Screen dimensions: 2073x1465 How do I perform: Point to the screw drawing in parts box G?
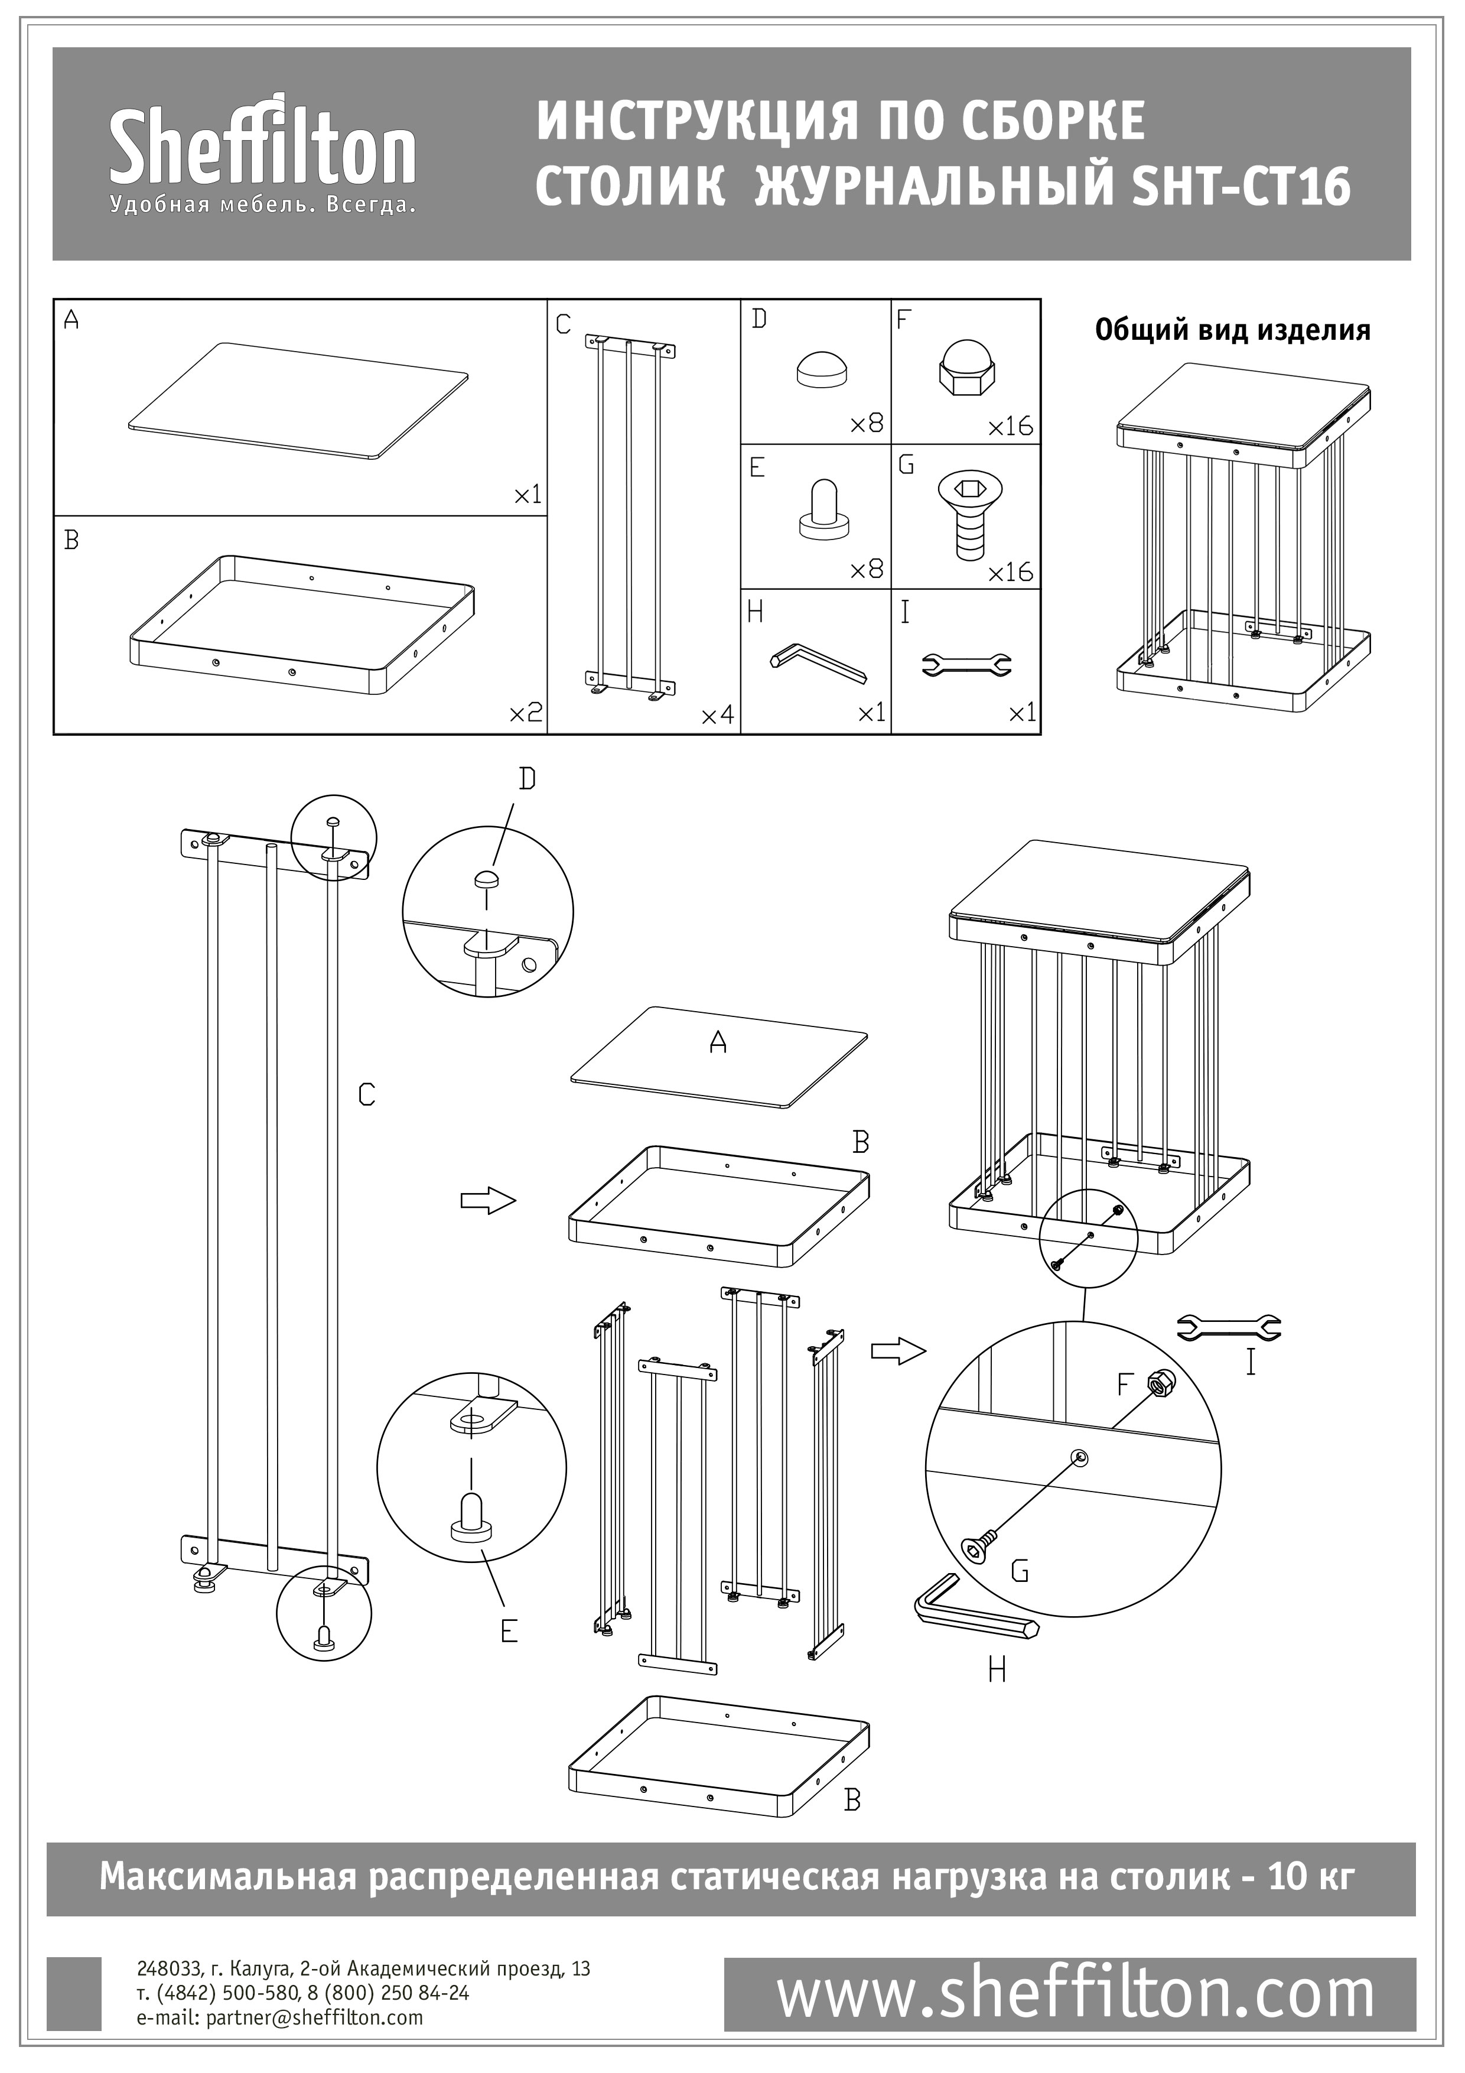(x=969, y=514)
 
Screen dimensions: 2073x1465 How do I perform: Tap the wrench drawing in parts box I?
(x=966, y=665)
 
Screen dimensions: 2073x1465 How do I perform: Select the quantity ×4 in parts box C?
(x=718, y=716)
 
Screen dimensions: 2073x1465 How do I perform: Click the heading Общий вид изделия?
(x=1232, y=330)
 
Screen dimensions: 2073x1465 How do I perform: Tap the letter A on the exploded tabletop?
(x=718, y=1043)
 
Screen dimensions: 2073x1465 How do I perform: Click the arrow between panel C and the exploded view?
(x=487, y=1201)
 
